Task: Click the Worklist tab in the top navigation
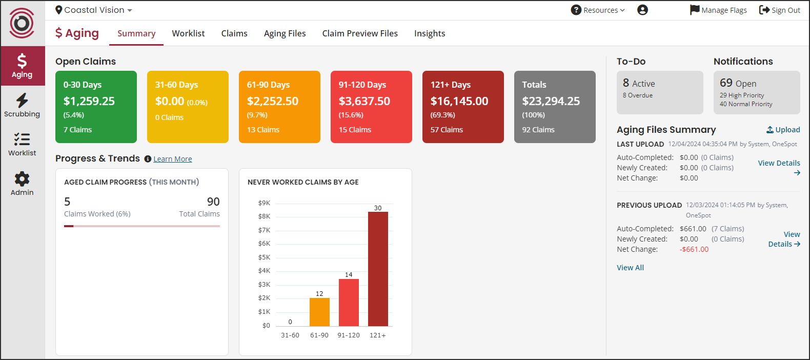point(188,33)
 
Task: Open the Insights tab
point(430,33)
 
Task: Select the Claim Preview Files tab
point(360,33)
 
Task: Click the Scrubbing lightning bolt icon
point(22,100)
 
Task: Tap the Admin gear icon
point(22,179)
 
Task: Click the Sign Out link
point(779,10)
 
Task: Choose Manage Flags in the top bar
point(718,10)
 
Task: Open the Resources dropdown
point(598,10)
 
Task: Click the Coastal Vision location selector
point(94,10)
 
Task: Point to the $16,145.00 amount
point(459,101)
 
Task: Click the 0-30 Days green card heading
point(83,85)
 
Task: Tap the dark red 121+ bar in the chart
point(378,269)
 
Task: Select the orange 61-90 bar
point(319,312)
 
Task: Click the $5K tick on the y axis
point(264,257)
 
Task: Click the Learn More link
point(172,159)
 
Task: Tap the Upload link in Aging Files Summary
point(783,130)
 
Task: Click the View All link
point(630,268)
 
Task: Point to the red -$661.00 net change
point(694,249)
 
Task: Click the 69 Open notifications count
point(738,83)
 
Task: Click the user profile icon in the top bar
point(642,10)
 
